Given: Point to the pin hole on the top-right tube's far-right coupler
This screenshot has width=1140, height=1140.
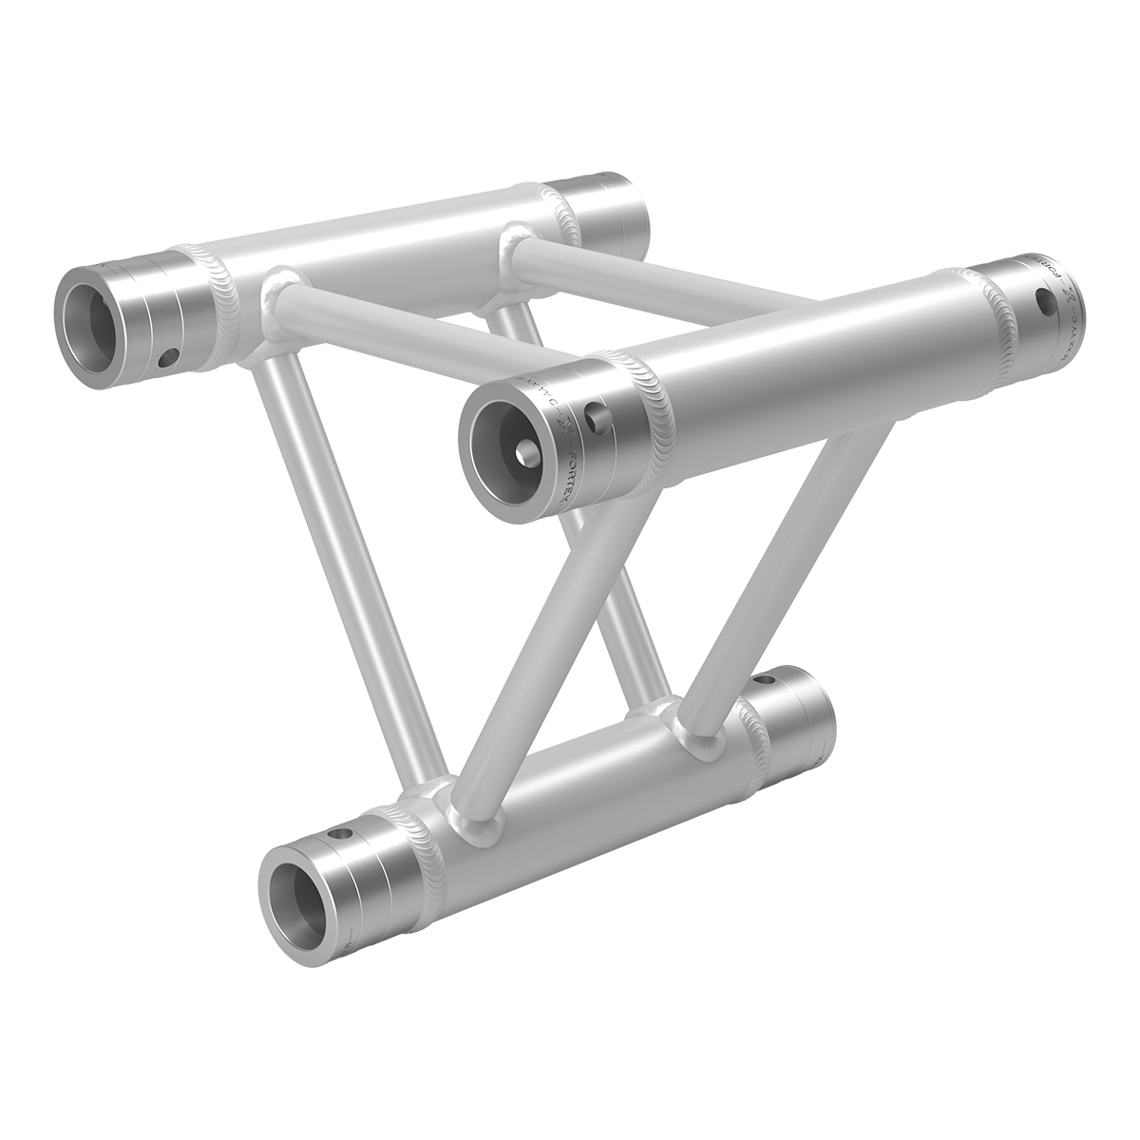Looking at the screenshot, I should coord(1044,304).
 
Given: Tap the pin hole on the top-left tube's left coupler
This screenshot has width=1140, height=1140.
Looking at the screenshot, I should coord(168,356).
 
